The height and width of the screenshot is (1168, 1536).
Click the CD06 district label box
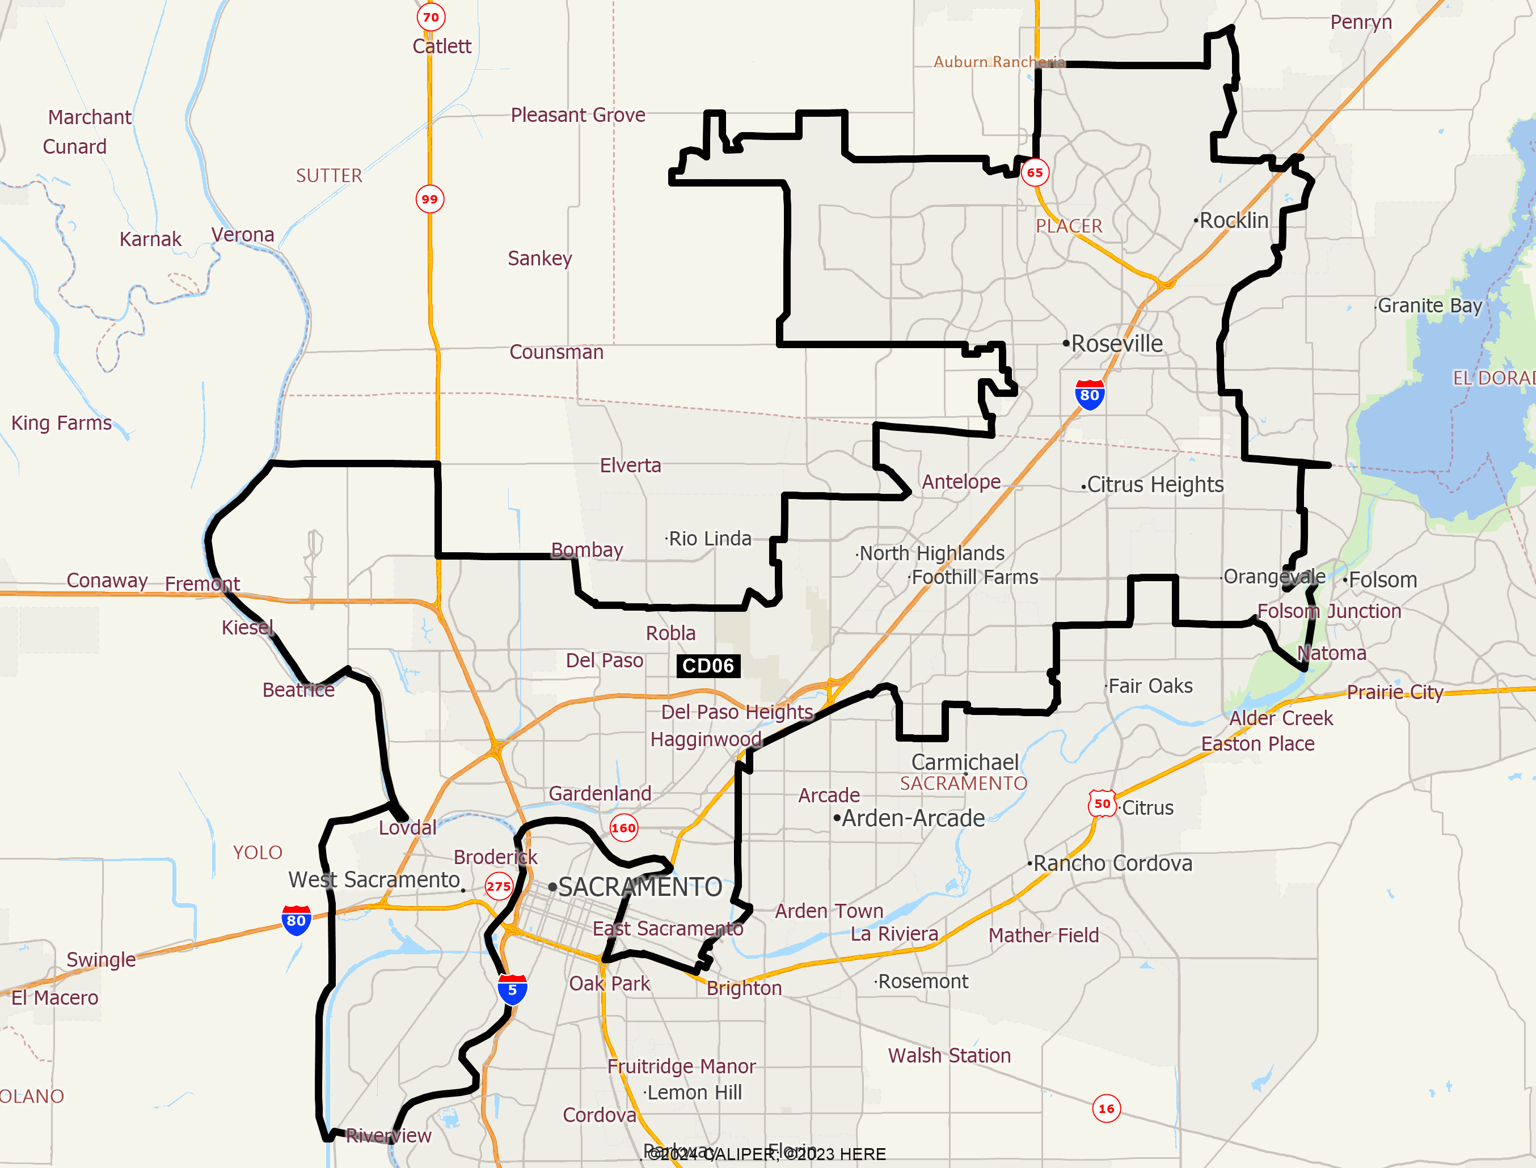pos(708,666)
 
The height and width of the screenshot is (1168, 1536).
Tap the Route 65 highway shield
pos(1035,172)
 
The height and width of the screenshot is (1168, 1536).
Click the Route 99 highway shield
pos(430,199)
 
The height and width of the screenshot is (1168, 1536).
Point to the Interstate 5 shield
pos(512,989)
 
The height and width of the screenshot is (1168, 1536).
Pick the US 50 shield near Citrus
pos(1102,803)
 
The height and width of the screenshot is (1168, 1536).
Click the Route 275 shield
pos(499,886)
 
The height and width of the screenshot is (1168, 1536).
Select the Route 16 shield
pos(1106,1108)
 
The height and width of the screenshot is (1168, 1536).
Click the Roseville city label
pos(1117,344)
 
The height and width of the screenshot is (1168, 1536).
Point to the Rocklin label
pos(1234,221)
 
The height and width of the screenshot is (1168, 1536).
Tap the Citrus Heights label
pos(1155,485)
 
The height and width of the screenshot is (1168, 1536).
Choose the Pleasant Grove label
pos(578,115)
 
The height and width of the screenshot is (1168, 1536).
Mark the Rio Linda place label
pos(709,539)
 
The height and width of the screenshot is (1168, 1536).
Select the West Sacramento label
pos(374,879)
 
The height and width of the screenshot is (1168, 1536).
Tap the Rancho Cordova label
pos(1112,864)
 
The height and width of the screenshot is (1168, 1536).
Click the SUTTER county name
pos(329,175)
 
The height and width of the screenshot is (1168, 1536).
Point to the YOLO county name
pos(258,852)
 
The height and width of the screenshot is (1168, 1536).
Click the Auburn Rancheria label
pos(998,62)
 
